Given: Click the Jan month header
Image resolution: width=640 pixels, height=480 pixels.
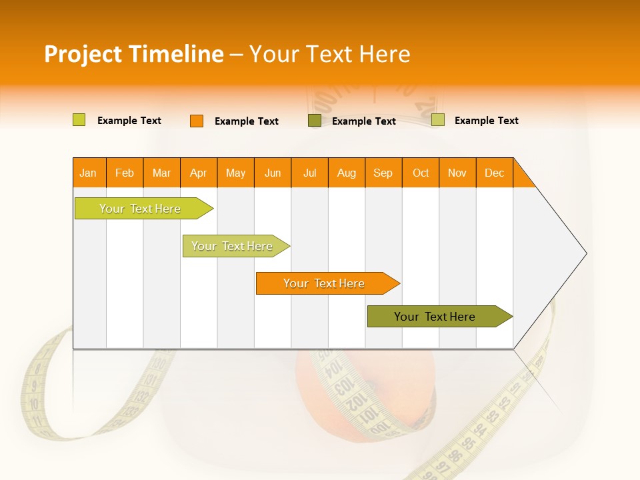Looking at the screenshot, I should coord(89,173).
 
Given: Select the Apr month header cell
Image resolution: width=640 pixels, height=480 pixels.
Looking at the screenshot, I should coord(199,173).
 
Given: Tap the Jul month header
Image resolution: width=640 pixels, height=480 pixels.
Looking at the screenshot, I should coord(309,173).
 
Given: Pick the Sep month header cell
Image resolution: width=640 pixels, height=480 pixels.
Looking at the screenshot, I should coord(383,173).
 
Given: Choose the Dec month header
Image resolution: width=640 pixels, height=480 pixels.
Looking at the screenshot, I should coord(494,173).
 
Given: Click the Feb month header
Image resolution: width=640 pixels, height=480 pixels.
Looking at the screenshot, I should coord(125,173).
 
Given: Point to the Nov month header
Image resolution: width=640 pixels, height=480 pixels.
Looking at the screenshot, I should coord(457,173).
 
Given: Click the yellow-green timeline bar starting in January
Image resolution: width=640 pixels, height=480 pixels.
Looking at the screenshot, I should coord(140,209).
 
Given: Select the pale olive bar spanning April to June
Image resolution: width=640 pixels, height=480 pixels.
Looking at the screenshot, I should coord(232,246).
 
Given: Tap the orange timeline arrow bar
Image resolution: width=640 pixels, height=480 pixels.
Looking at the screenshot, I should coord(324,283).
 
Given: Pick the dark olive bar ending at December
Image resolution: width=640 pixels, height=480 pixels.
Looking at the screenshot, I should coord(435,317).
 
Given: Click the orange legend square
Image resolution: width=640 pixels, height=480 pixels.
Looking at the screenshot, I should coord(196,121).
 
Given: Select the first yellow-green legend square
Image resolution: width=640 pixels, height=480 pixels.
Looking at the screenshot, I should coord(79,120).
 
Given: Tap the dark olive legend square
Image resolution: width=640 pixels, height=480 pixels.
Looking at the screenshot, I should coord(315,121).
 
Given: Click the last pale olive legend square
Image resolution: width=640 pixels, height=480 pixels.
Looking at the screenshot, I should coord(438,120).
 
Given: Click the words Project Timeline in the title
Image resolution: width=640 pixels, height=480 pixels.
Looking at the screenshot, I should coord(133,54).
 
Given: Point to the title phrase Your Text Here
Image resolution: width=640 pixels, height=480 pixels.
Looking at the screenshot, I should coord(329,54).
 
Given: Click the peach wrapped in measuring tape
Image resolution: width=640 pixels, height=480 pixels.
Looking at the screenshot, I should coord(313,400).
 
